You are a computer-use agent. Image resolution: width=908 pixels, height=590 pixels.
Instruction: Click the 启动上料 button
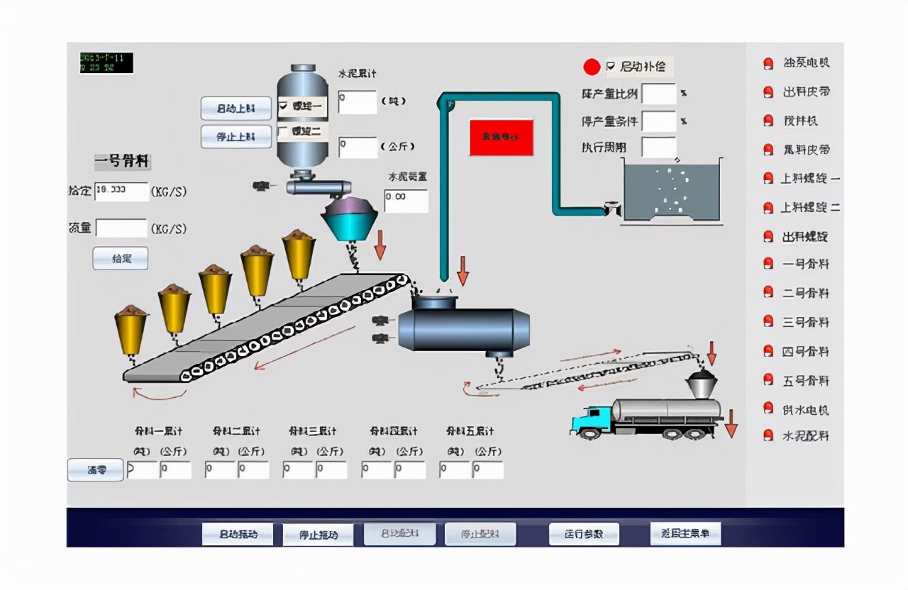click(x=236, y=108)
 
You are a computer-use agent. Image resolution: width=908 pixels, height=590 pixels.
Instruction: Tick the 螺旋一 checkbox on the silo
click(x=284, y=106)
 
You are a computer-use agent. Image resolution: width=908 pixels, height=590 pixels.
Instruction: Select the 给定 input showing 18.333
click(x=121, y=191)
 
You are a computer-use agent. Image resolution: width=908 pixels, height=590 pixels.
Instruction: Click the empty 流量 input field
click(x=121, y=228)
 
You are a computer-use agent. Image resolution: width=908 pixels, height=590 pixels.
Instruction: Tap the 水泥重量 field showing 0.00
click(x=406, y=201)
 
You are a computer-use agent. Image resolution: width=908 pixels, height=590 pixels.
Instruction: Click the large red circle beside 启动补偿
click(x=592, y=67)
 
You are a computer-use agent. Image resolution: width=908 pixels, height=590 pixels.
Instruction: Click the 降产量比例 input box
click(x=658, y=94)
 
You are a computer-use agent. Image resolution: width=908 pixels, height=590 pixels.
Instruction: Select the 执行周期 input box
click(x=658, y=147)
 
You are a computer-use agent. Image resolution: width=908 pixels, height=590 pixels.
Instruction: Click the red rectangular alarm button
click(x=501, y=137)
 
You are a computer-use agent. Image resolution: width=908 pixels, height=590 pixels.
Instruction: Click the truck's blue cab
click(x=590, y=419)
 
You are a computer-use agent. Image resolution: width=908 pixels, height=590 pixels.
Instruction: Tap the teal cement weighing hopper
click(x=353, y=221)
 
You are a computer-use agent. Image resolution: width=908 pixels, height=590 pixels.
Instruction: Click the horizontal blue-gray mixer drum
click(x=464, y=329)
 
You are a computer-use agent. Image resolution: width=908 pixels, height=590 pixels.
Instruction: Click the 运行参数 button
click(x=584, y=534)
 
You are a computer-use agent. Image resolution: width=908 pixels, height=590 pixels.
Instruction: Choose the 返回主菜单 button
click(x=685, y=533)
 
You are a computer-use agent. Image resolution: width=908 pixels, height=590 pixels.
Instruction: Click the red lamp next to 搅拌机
click(x=768, y=121)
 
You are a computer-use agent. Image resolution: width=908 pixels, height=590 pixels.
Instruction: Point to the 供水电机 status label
click(x=806, y=410)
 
